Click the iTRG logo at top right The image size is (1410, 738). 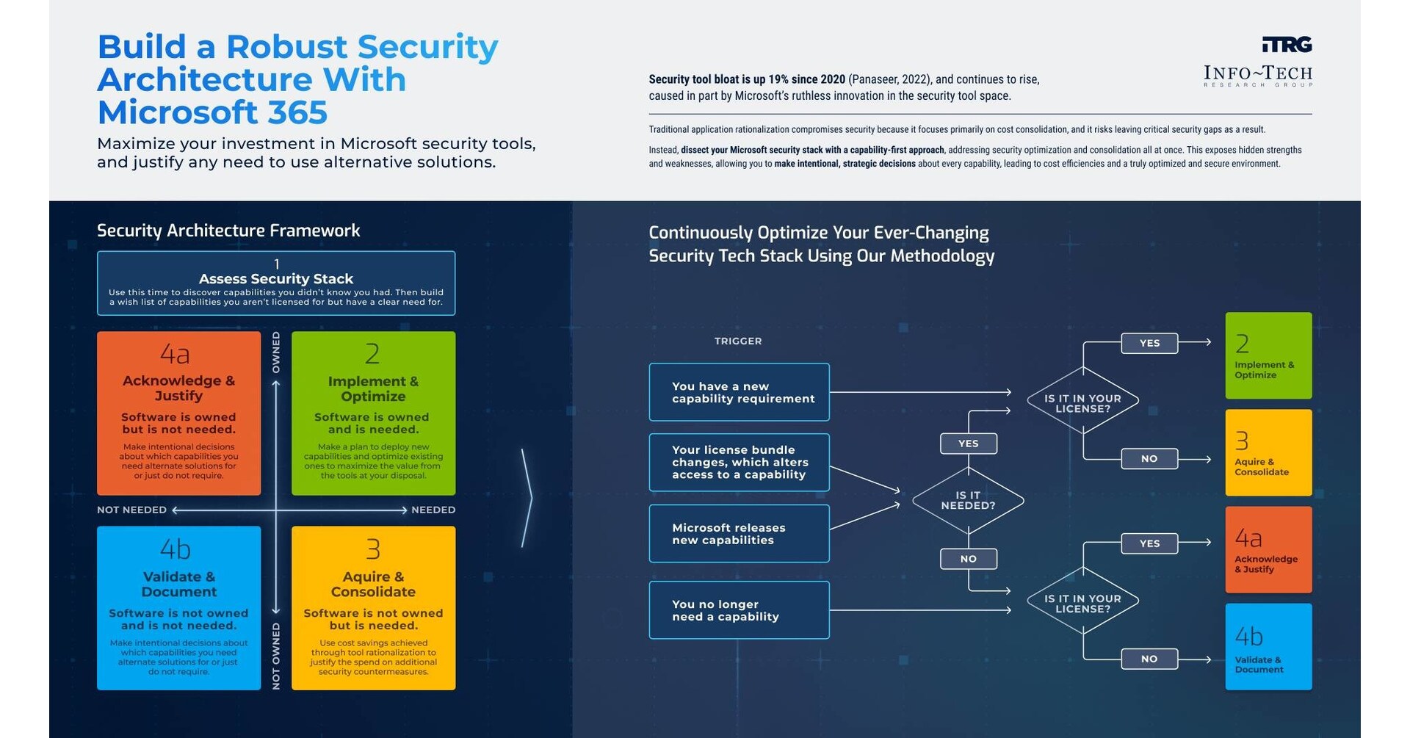(x=1287, y=45)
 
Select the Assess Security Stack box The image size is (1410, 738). (x=276, y=283)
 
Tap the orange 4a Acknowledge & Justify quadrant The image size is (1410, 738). (x=178, y=413)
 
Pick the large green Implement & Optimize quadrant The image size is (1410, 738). (x=373, y=413)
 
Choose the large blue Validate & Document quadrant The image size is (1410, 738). (x=178, y=608)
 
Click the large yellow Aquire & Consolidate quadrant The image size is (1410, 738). (x=373, y=608)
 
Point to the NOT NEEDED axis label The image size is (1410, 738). (x=131, y=510)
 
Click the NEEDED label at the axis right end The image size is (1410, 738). (x=433, y=510)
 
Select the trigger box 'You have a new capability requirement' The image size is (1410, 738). (x=739, y=392)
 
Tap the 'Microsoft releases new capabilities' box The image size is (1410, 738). (x=739, y=534)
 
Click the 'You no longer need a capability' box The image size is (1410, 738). (x=739, y=610)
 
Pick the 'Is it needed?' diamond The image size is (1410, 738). (x=968, y=501)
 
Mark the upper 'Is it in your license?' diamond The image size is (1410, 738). (x=1082, y=403)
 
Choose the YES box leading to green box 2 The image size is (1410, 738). (x=1149, y=343)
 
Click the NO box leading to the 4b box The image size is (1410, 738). (x=1149, y=659)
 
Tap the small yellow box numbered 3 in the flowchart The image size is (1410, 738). (x=1268, y=452)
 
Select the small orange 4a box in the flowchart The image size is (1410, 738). (x=1268, y=549)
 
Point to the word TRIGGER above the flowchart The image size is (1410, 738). (x=738, y=341)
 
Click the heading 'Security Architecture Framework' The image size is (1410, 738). (x=228, y=231)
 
